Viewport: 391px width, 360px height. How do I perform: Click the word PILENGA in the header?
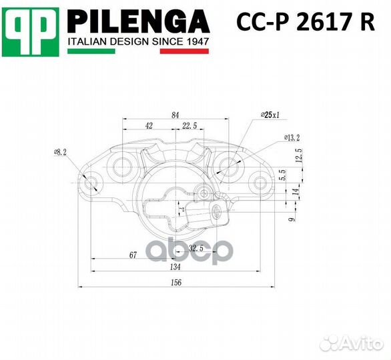click(x=139, y=23)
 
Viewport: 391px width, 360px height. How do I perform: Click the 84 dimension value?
click(x=175, y=115)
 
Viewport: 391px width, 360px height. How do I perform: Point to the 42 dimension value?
click(x=149, y=125)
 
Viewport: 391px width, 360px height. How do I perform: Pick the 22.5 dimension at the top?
click(x=189, y=125)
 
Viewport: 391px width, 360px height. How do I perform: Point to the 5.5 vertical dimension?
click(x=283, y=175)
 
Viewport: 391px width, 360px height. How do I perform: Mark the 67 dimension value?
click(x=133, y=255)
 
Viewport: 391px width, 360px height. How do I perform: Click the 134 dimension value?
click(x=175, y=267)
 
